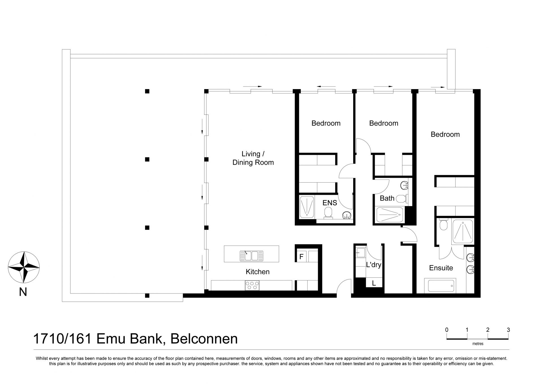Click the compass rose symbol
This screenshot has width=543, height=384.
[24, 267]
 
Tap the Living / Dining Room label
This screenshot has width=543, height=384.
[253, 158]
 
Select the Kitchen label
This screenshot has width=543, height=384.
[258, 272]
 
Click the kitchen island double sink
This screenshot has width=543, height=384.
[251, 256]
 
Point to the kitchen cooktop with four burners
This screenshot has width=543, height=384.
[252, 285]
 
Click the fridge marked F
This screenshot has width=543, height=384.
[301, 256]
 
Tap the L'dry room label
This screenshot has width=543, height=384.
[374, 265]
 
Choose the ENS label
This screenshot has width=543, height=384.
[330, 203]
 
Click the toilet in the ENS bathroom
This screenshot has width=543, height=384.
[328, 213]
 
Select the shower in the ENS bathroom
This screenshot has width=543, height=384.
[307, 207]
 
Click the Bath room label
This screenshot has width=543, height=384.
[387, 198]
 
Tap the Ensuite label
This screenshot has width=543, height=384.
[441, 268]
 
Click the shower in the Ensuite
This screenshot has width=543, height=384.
[463, 232]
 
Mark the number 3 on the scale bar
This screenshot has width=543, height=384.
[508, 330]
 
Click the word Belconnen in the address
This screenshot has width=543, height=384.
[204, 339]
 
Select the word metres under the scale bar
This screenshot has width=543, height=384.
[478, 344]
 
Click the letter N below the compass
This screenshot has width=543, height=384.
[23, 292]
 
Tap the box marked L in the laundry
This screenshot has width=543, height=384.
[374, 283]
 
